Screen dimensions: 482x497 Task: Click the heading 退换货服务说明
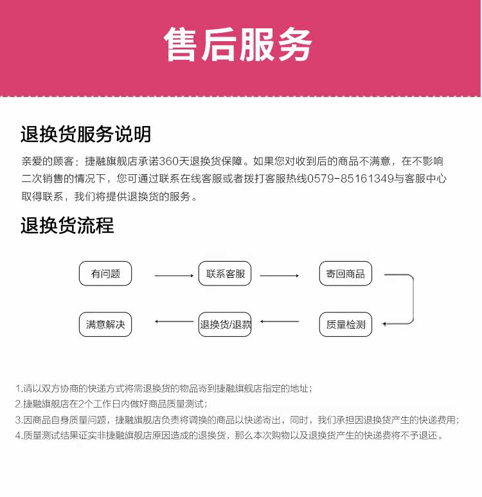click(85, 134)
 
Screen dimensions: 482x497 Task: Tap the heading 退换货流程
click(67, 226)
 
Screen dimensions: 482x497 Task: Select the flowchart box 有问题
click(105, 274)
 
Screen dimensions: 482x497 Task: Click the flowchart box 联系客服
click(226, 274)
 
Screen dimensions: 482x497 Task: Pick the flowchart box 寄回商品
click(345, 274)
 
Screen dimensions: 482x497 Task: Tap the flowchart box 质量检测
click(345, 325)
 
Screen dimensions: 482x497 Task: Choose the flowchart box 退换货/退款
click(226, 325)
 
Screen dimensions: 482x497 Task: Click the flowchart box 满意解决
click(105, 325)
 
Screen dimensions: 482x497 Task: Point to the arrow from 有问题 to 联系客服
click(174, 276)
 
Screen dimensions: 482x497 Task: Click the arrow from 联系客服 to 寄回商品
click(279, 276)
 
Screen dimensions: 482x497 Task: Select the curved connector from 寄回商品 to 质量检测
click(411, 300)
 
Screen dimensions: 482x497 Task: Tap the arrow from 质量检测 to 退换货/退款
click(280, 321)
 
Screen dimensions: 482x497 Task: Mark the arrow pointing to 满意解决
click(174, 321)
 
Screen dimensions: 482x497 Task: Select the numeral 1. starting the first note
click(19, 389)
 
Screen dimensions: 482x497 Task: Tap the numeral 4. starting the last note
click(19, 436)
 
